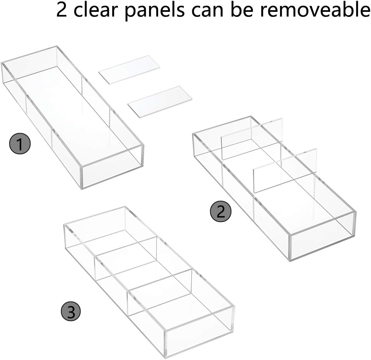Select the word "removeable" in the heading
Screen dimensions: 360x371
pos(315,10)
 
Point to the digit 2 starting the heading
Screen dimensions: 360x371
pos(62,10)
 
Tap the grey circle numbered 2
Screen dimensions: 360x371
pos(221,211)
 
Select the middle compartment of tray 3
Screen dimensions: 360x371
pos(145,270)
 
